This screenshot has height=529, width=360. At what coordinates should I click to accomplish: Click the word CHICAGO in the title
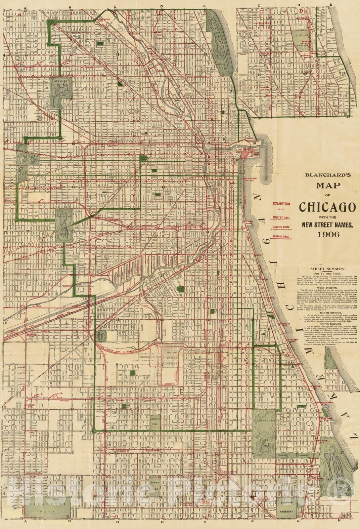tap(327, 207)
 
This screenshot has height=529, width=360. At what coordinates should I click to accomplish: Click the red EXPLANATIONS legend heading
tap(281, 204)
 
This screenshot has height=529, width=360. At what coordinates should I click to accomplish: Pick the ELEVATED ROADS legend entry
tap(281, 227)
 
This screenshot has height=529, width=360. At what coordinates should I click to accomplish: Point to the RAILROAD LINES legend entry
tap(281, 237)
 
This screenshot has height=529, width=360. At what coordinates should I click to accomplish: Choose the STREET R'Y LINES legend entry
tap(281, 218)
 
